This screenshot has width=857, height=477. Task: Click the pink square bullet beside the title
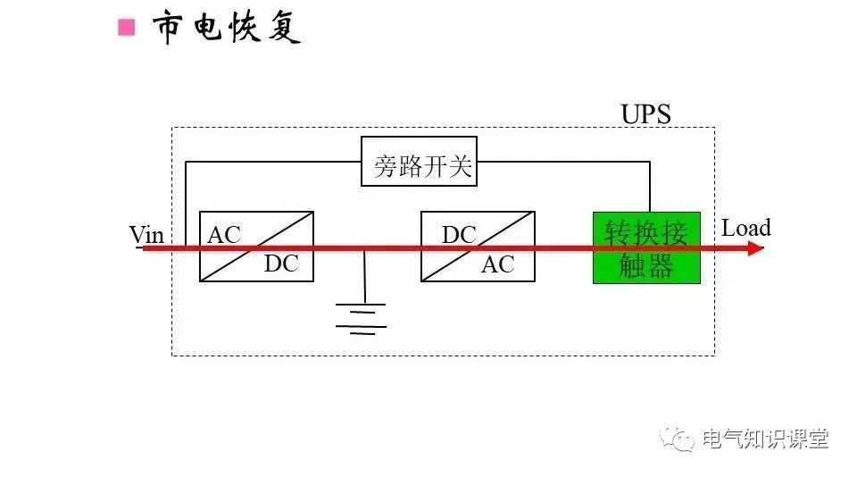click(x=127, y=28)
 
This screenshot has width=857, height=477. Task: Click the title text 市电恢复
click(x=227, y=28)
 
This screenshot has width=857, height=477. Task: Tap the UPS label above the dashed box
click(x=645, y=114)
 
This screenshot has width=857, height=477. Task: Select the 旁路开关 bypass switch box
click(x=419, y=162)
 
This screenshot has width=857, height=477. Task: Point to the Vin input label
click(x=146, y=235)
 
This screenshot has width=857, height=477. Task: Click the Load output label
click(x=745, y=228)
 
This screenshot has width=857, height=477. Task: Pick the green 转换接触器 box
click(x=646, y=248)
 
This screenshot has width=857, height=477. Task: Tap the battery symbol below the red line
click(x=361, y=317)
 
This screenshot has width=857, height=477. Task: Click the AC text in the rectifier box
click(x=224, y=235)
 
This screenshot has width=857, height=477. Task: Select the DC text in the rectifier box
click(x=281, y=264)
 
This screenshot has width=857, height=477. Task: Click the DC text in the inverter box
click(x=459, y=235)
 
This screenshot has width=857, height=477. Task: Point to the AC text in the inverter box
click(x=498, y=264)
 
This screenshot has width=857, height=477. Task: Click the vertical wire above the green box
click(x=649, y=187)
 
